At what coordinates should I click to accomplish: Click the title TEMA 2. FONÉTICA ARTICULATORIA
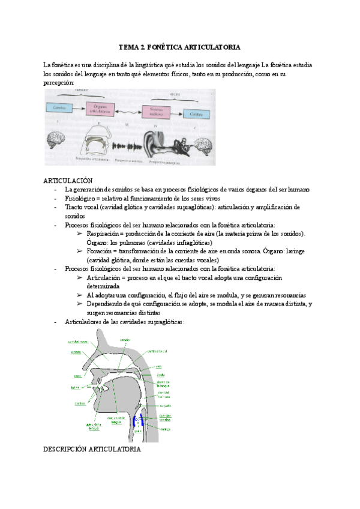click(179, 46)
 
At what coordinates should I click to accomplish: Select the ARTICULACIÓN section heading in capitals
click(68, 181)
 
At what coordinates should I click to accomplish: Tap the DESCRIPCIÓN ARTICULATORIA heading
click(92, 448)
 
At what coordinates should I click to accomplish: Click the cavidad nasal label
click(78, 340)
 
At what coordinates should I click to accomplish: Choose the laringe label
click(166, 429)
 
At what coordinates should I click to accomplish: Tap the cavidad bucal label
click(158, 351)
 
